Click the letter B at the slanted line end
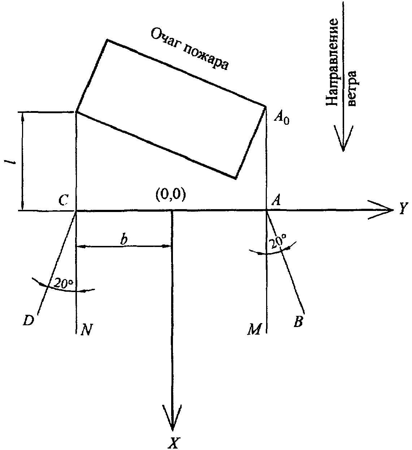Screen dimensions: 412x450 [298, 322]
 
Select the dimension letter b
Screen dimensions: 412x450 [123, 239]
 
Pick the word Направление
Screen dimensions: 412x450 [332, 62]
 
